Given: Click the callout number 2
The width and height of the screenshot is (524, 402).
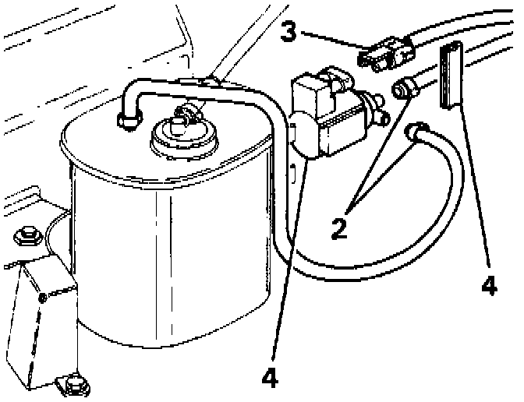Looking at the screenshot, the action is point(338,228).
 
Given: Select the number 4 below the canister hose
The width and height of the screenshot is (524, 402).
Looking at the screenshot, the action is point(269,377).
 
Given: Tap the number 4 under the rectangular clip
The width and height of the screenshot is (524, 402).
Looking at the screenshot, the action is point(489,286).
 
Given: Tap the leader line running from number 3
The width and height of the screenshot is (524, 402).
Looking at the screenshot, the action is point(331,42).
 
